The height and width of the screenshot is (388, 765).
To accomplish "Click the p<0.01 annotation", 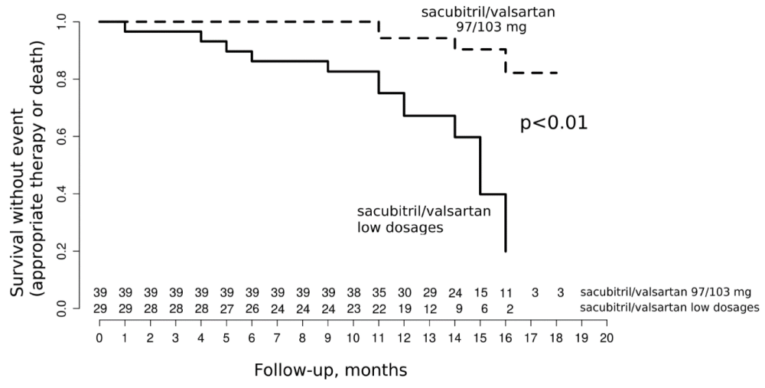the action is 554,124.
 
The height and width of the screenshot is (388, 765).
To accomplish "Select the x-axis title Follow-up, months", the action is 330,370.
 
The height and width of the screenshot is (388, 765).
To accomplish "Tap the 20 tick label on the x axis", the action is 607,337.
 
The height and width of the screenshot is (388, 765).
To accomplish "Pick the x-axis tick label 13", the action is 429,337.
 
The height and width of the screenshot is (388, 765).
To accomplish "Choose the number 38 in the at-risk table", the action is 353,293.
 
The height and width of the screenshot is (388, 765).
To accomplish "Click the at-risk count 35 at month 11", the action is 379,293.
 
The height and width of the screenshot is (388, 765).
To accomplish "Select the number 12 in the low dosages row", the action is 429,308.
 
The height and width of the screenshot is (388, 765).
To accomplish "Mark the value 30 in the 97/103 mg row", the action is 404,293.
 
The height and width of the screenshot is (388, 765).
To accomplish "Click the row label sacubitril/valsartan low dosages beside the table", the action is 670,308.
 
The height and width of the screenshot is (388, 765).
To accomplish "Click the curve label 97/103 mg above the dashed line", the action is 491,28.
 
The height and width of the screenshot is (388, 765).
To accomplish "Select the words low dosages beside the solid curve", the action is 401,227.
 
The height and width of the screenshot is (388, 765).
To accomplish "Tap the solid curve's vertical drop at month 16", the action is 506,223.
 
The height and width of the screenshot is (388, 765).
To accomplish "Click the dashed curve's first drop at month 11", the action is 379,30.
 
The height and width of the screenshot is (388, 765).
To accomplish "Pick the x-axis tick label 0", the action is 99,337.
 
